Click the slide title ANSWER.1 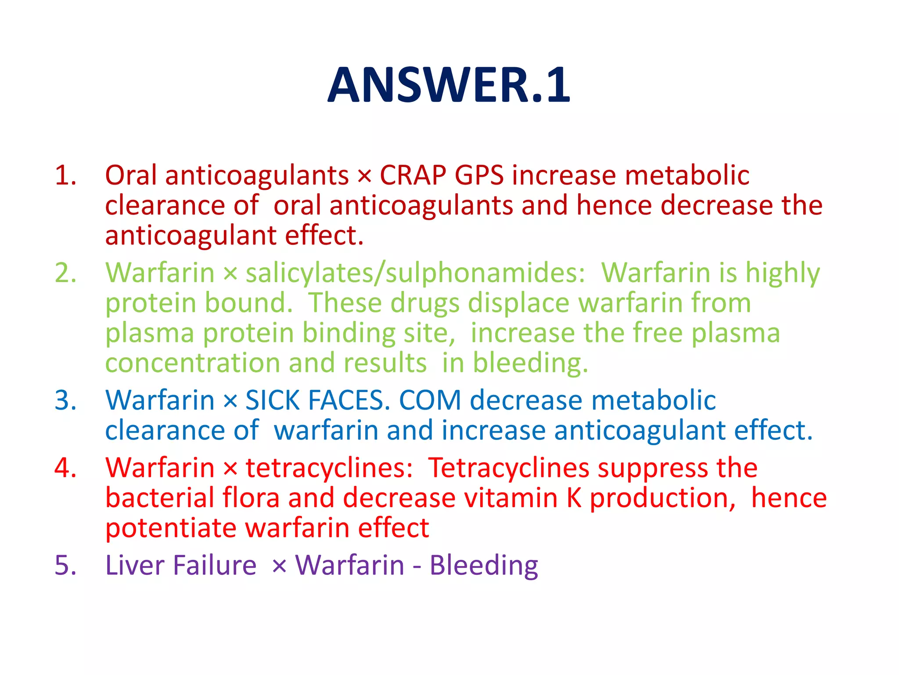click(449, 85)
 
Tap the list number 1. click(65, 175)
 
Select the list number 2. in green click(65, 272)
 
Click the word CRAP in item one click(413, 175)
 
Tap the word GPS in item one click(479, 175)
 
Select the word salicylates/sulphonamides click(415, 273)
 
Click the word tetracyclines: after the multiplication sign click(329, 468)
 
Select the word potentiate click(171, 528)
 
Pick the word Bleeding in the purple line click(483, 566)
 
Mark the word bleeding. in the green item click(530, 363)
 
